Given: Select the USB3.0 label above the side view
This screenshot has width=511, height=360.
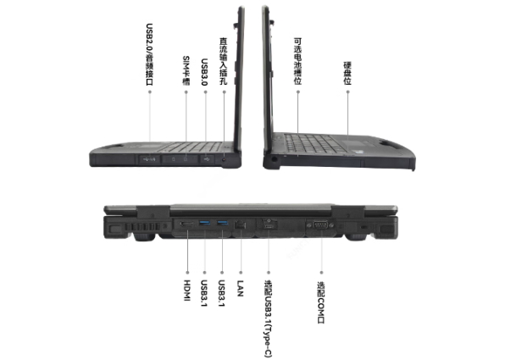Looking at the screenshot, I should tap(205, 69).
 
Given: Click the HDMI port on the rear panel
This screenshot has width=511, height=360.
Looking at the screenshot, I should tap(184, 224).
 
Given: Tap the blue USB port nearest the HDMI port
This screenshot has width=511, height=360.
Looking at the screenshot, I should tap(203, 224).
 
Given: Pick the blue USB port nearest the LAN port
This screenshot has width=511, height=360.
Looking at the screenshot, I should tap(222, 224).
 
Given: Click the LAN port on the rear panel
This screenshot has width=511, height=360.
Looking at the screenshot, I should tap(241, 224).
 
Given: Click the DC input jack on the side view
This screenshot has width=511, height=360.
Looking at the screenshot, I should tap(224, 158).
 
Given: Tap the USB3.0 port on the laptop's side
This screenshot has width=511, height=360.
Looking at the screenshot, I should tap(206, 158).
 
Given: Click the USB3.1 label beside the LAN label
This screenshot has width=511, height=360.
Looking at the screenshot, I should tap(221, 292).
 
